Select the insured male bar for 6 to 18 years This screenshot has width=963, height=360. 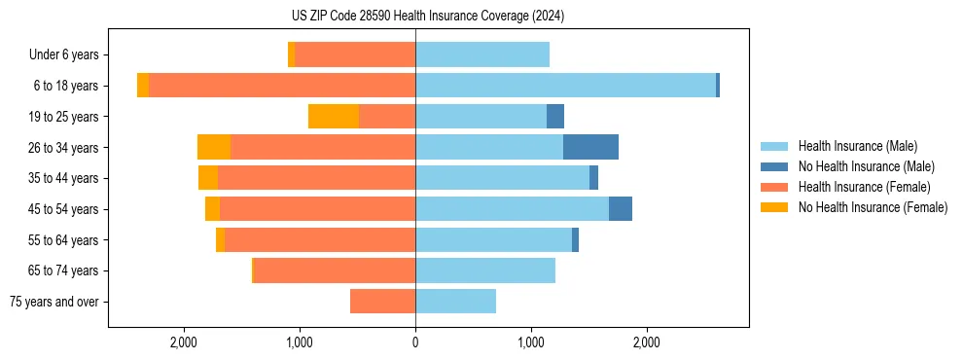[x=565, y=86]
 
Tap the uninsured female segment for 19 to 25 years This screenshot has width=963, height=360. [x=334, y=117]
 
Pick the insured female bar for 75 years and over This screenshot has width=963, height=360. [x=382, y=302]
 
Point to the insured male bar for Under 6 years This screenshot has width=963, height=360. [x=482, y=54]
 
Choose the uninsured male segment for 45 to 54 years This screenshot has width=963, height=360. [x=621, y=209]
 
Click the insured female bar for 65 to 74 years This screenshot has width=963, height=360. [x=334, y=270]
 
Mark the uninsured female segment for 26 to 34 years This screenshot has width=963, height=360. [x=214, y=147]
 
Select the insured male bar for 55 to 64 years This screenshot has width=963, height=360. [x=493, y=239]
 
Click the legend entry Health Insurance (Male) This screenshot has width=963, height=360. [x=857, y=146]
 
